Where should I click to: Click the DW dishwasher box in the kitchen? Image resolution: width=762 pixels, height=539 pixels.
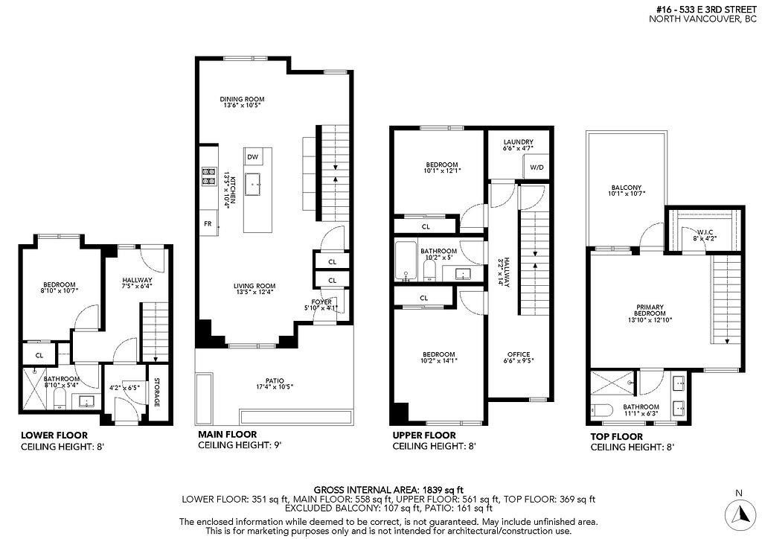(253, 157)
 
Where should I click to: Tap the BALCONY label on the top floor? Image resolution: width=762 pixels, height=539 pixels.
(627, 190)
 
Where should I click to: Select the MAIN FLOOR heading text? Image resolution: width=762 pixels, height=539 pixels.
(228, 434)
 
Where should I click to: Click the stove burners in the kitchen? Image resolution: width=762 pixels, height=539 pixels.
(206, 176)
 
